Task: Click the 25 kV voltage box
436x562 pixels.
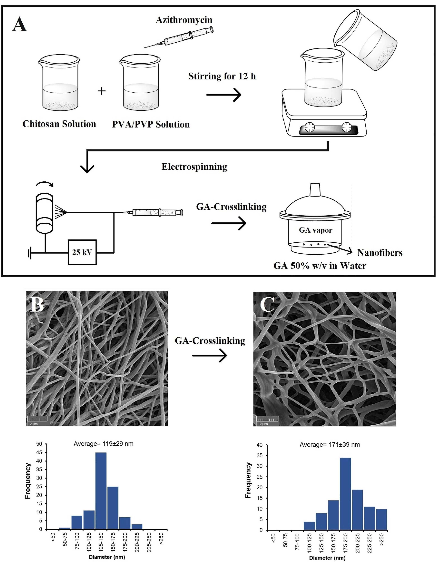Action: coord(82,252)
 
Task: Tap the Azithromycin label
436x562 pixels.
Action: coord(184,20)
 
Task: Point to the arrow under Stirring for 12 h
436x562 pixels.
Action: coord(224,95)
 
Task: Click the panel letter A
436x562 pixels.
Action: coord(20,25)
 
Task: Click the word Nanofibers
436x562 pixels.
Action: coord(380,253)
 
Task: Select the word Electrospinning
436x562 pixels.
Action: coord(194,167)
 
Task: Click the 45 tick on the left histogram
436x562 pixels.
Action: coord(39,452)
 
